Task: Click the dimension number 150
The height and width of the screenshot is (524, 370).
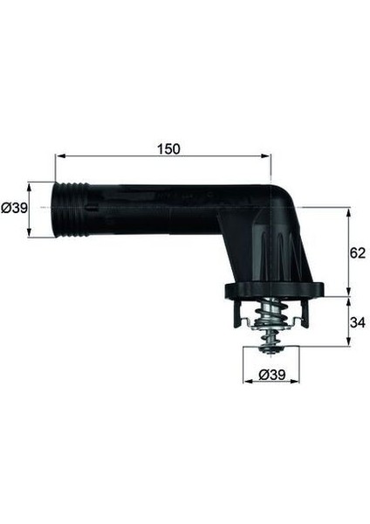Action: pos(169,148)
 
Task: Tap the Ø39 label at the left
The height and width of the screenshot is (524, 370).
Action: pos(13,209)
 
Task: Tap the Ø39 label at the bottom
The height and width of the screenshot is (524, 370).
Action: pos(270,375)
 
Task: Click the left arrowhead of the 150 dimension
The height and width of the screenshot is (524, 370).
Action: pos(58,157)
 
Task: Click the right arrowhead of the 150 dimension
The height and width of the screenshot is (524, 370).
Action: pos(268,157)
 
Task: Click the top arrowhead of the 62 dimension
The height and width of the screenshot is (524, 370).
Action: pos(349,210)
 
